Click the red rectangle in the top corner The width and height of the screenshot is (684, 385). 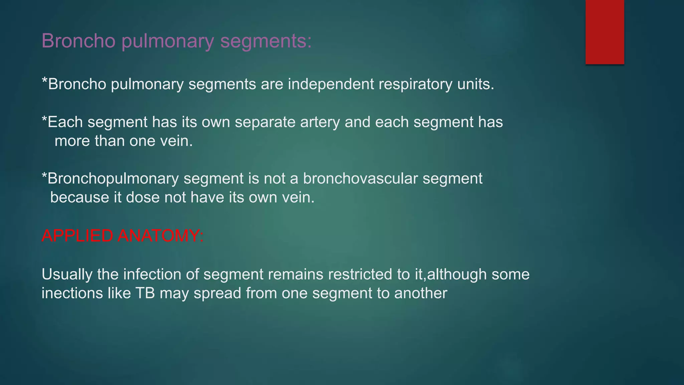[x=605, y=32]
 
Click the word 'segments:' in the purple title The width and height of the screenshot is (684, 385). [x=266, y=41]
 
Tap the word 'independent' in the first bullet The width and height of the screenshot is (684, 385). [x=331, y=84]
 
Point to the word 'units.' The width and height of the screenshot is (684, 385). [x=476, y=84]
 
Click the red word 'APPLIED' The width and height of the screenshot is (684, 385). [x=77, y=236]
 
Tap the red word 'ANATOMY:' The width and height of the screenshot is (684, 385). [x=161, y=236]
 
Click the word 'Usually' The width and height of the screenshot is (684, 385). [x=67, y=274]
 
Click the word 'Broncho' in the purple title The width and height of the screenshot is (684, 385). [x=78, y=41]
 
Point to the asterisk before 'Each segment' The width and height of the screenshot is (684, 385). [x=44, y=120]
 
